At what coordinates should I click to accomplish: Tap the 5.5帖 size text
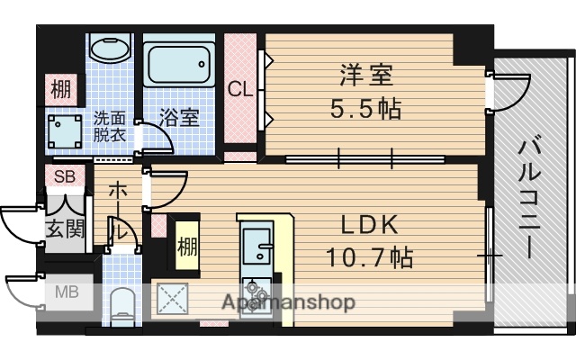coord(364,109)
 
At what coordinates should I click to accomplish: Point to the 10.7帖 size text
coord(369,258)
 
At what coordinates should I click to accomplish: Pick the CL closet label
coord(239,89)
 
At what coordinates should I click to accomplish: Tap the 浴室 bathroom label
coord(179,118)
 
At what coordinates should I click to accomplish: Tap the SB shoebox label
coord(64,176)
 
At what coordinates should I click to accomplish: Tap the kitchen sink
coord(258,241)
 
